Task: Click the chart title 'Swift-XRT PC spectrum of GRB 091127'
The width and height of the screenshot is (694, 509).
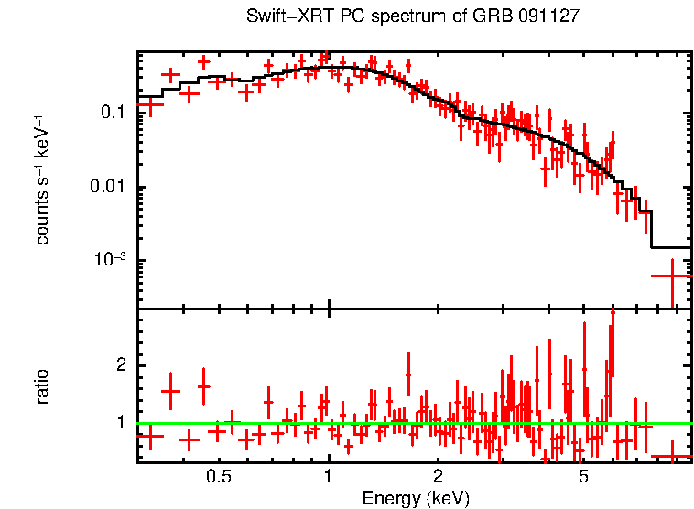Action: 413,16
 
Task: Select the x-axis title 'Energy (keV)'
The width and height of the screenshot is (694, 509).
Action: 416,498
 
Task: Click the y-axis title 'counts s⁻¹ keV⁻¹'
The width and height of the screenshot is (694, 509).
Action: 42,179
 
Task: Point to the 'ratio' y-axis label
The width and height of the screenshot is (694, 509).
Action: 42,386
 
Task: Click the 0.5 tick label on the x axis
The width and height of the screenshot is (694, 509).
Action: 219,477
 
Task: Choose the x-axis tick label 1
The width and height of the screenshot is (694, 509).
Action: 329,477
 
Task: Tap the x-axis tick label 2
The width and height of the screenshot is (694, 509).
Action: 439,477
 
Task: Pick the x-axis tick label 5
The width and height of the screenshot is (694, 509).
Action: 583,477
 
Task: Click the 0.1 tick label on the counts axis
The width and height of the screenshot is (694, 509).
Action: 113,113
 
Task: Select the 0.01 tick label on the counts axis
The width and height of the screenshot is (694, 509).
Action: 108,188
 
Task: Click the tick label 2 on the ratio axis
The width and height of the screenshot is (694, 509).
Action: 117,365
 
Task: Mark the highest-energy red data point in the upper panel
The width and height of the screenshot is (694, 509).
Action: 672,275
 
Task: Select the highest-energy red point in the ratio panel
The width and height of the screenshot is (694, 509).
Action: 672,456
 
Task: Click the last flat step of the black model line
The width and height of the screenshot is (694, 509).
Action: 671,247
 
